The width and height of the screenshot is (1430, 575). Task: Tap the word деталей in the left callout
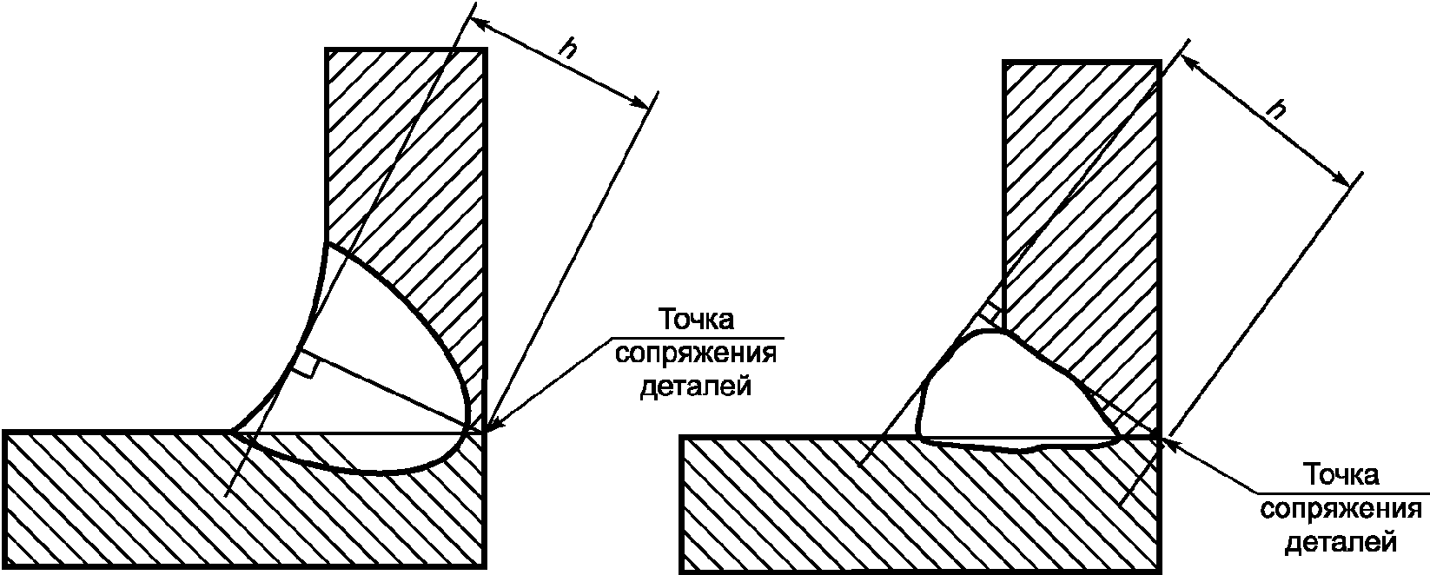click(696, 385)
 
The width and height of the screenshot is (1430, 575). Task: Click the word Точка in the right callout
click(1343, 477)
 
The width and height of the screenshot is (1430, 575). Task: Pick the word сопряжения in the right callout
click(1343, 510)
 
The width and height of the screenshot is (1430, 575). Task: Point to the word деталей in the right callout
click(1343, 543)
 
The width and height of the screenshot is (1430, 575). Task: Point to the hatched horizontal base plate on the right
click(869, 512)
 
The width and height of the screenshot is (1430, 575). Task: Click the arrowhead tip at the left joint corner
click(487, 431)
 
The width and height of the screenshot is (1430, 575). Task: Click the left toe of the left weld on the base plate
click(233, 431)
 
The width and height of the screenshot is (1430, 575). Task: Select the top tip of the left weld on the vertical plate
click(327, 245)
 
